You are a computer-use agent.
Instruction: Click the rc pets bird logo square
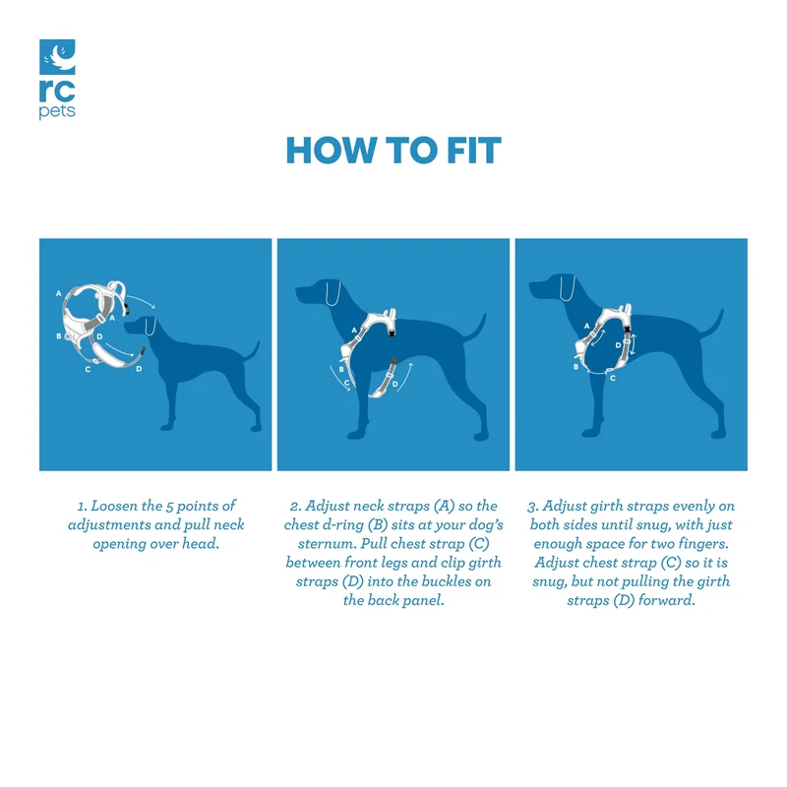[x=57, y=57]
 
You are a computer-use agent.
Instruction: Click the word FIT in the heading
[x=474, y=151]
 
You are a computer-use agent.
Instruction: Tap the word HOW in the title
[x=332, y=151]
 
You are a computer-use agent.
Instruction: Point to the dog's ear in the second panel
[x=333, y=292]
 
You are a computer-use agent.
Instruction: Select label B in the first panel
[x=59, y=336]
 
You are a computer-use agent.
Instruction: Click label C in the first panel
[x=88, y=370]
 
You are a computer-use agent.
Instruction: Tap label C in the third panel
[x=613, y=378]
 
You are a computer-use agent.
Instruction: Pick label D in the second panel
[x=395, y=385]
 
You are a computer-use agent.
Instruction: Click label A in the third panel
[x=586, y=326]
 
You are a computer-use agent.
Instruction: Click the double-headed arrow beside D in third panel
[x=633, y=344]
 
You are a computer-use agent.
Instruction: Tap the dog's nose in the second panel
[x=298, y=291]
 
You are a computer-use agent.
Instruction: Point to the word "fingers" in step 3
[x=703, y=544]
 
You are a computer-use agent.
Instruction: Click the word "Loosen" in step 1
[x=114, y=506]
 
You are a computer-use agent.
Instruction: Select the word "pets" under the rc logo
[x=57, y=111]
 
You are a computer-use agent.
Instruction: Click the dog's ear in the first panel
[x=151, y=327]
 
